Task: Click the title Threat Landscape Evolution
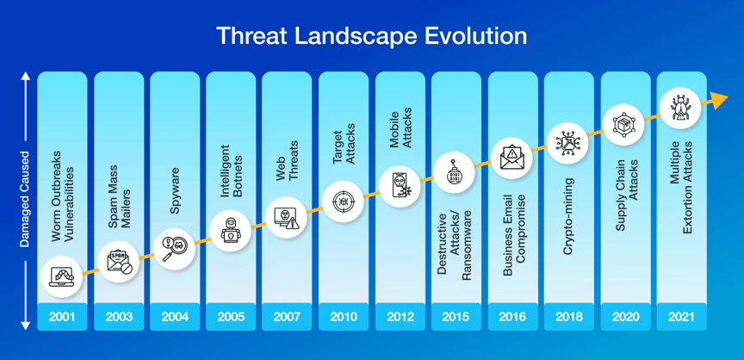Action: (x=371, y=36)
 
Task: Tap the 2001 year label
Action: (x=62, y=317)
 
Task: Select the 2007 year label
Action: (x=287, y=317)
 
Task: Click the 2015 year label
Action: (x=456, y=317)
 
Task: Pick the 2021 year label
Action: (x=681, y=317)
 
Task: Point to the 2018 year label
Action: (x=568, y=317)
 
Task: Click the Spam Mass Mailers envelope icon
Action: (x=118, y=258)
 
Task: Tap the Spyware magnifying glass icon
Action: (x=175, y=245)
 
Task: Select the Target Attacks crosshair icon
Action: (x=344, y=202)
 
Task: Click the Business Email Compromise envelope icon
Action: (x=512, y=158)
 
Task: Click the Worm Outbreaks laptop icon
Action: (x=63, y=276)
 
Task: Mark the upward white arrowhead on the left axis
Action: (x=25, y=78)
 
